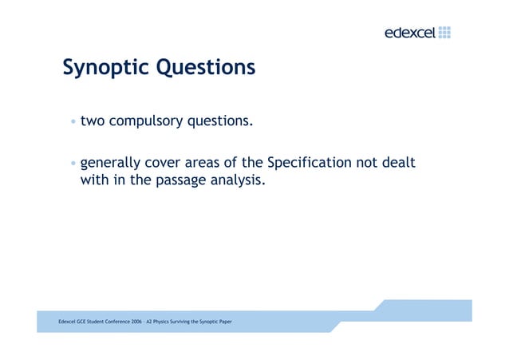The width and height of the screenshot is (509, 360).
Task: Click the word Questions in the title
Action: [x=205, y=67]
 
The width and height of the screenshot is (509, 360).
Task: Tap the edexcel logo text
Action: [x=409, y=33]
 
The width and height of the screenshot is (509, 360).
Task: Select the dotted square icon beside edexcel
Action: [x=444, y=32]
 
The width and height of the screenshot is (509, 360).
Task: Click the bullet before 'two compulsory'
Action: [x=73, y=122]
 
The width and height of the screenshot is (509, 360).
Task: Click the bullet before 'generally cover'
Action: [x=73, y=164]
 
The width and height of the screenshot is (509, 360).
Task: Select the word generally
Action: [x=112, y=164]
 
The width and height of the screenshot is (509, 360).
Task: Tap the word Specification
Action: [x=309, y=164]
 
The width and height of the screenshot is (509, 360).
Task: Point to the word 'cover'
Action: [x=168, y=164]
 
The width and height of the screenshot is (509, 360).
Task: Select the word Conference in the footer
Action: [x=113, y=321]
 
